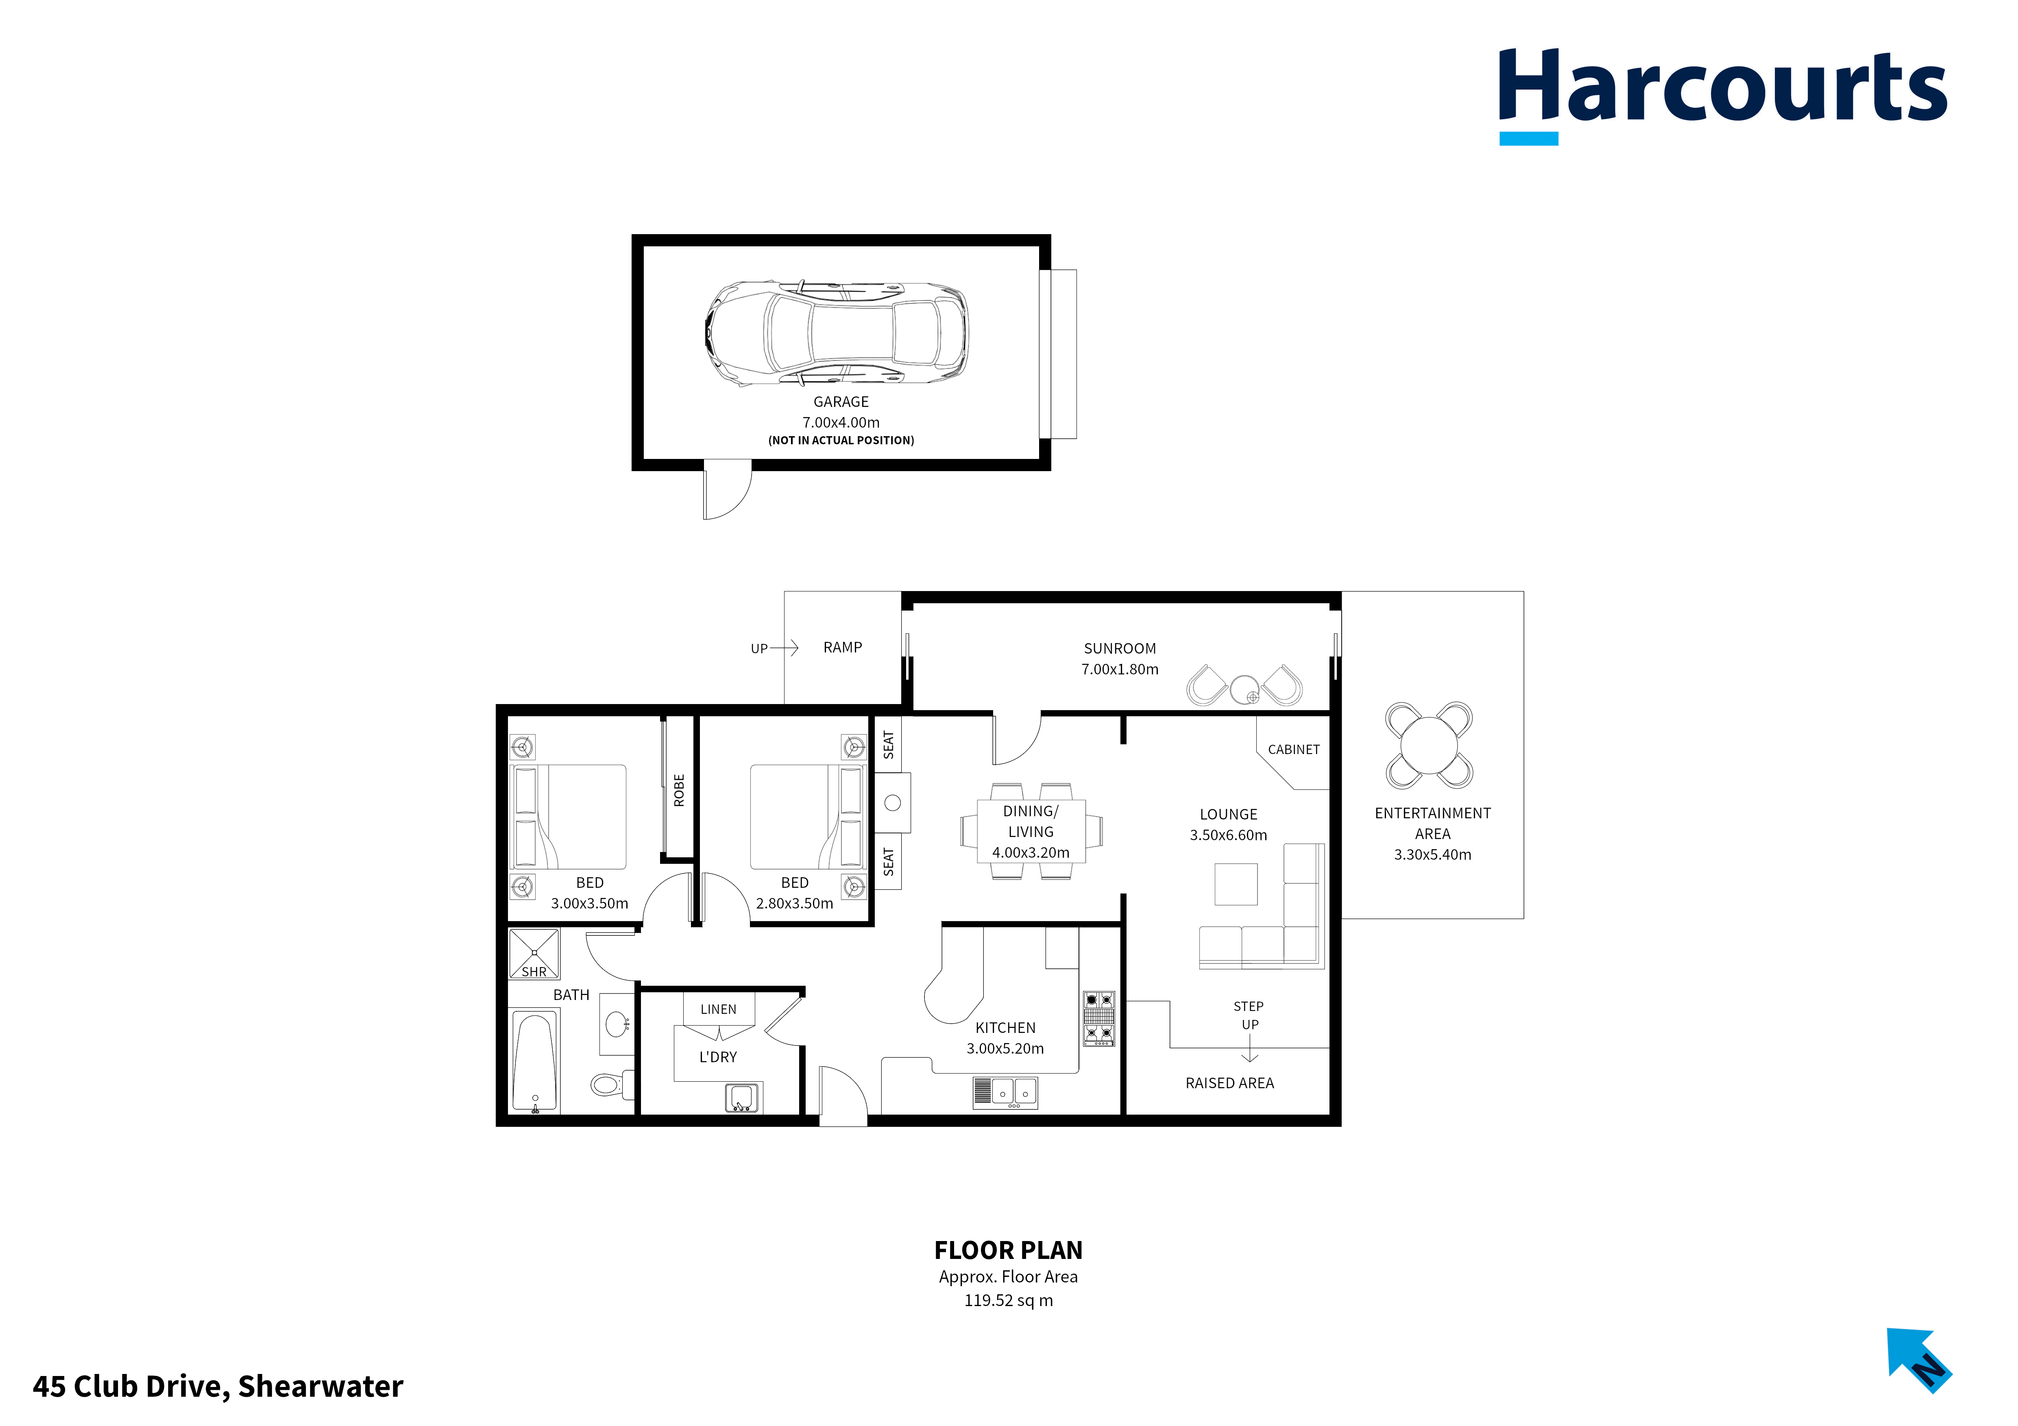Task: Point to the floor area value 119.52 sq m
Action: point(1008,1300)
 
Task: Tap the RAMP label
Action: point(842,648)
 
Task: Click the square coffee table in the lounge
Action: point(1236,884)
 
